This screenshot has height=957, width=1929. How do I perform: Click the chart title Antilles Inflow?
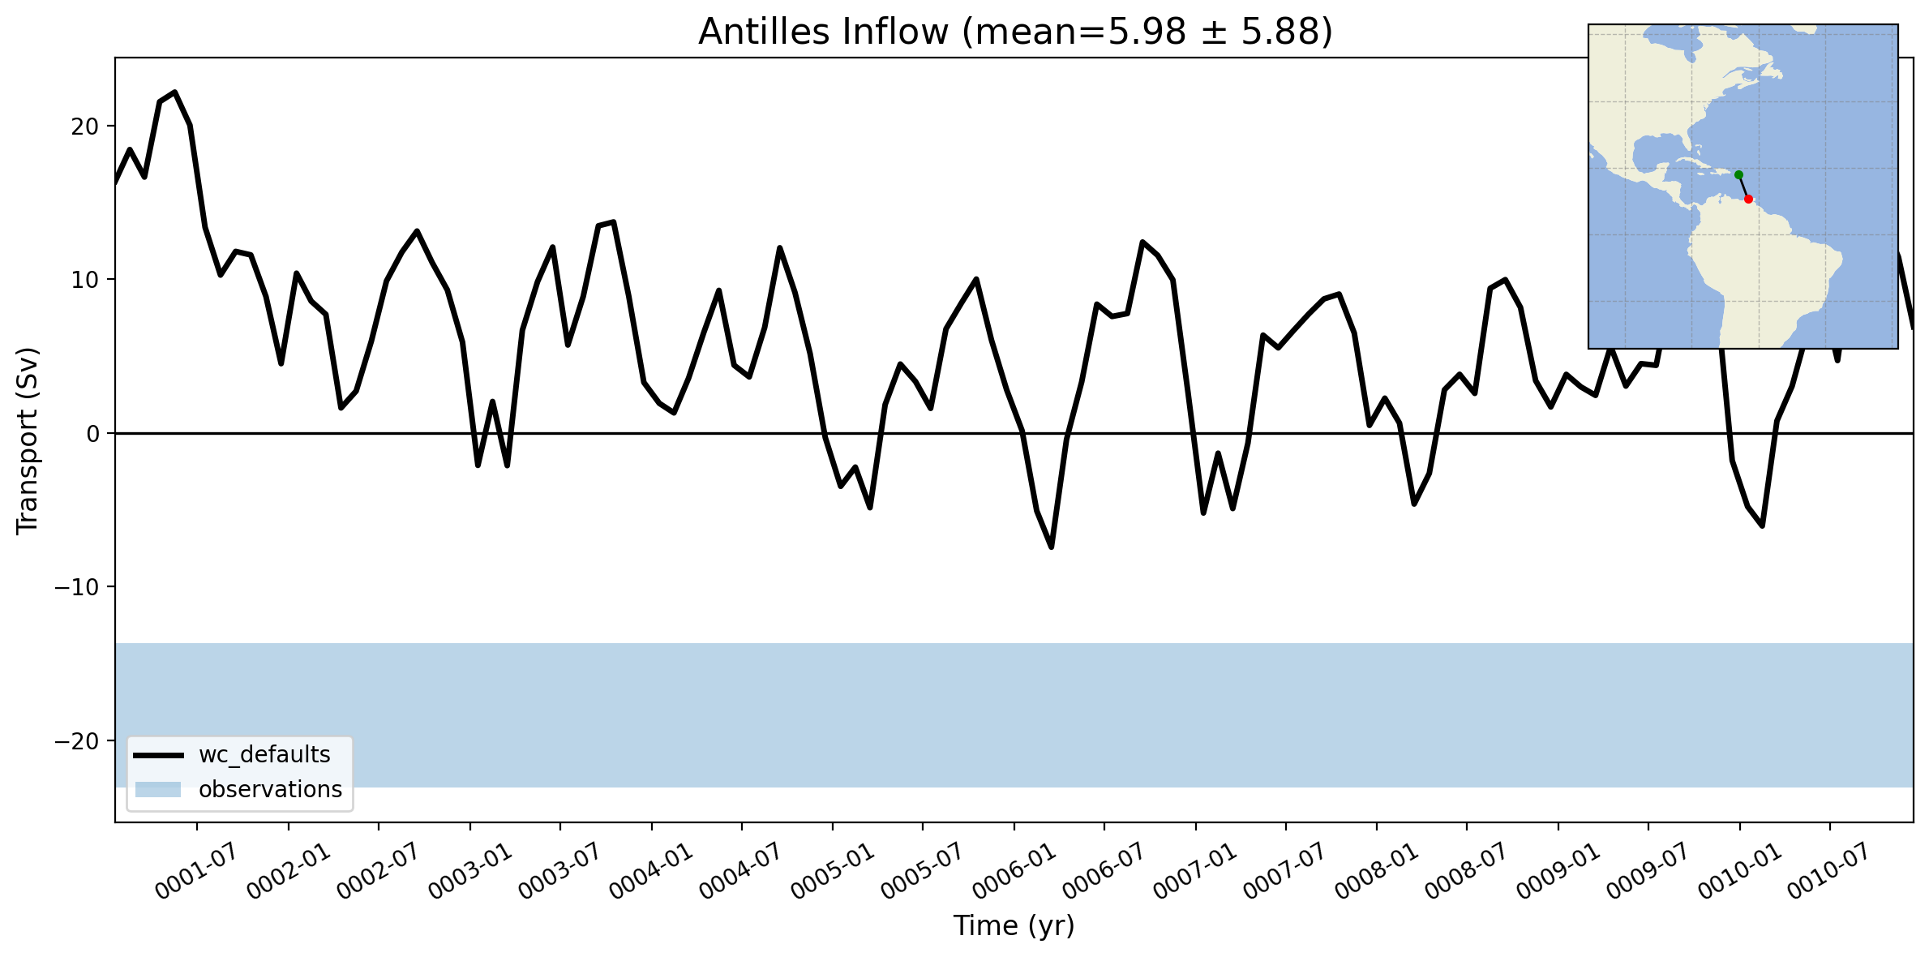823,32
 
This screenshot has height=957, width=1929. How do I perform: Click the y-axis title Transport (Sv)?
28,441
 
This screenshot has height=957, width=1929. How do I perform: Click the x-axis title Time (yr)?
1014,925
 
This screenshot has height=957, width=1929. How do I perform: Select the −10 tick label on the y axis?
76,587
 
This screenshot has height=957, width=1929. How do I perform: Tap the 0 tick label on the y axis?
92,434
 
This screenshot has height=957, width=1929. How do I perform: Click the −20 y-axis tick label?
76,741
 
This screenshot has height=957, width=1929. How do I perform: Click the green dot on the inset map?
1738,175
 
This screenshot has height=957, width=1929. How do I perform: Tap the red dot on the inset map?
1748,199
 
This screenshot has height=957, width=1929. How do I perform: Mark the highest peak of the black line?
174,92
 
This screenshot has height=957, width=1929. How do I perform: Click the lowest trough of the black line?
1052,547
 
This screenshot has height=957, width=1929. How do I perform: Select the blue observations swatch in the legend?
158,790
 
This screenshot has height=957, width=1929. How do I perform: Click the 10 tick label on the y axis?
85,280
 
